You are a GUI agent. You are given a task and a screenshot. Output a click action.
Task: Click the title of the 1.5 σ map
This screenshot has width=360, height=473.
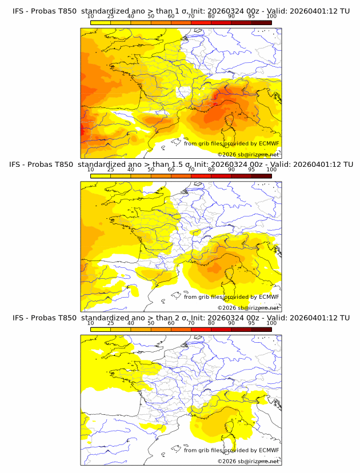tap(181, 165)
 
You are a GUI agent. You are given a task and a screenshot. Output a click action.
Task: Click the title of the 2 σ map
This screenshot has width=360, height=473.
tap(181, 318)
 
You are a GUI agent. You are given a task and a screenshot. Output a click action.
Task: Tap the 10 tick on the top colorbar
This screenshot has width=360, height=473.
tap(90, 16)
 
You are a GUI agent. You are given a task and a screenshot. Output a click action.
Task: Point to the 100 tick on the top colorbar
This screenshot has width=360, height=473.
tap(271, 16)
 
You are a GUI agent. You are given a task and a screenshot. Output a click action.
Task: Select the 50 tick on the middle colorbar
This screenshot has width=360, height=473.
tap(150, 170)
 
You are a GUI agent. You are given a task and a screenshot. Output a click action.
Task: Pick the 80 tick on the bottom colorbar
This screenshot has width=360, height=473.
tap(211, 323)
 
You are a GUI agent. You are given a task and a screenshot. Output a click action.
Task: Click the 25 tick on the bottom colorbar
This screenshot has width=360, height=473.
tap(110, 323)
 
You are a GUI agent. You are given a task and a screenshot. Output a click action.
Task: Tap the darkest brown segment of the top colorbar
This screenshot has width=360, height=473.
tap(261, 23)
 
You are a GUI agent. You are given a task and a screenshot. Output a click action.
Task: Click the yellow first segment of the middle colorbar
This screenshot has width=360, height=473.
tap(100, 176)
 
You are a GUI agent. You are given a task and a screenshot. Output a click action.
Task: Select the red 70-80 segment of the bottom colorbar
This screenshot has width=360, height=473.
tap(201, 330)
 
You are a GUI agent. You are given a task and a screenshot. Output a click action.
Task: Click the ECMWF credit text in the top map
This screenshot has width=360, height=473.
tap(231, 143)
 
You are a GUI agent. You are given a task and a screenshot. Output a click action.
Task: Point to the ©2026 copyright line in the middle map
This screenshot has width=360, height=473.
tap(248, 307)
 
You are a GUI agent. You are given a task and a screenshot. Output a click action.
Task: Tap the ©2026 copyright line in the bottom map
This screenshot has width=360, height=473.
tap(248, 461)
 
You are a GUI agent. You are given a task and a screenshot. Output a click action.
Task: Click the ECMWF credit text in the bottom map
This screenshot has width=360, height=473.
tap(231, 450)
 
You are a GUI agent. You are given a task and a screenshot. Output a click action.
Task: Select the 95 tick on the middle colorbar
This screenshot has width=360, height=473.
tap(251, 170)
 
